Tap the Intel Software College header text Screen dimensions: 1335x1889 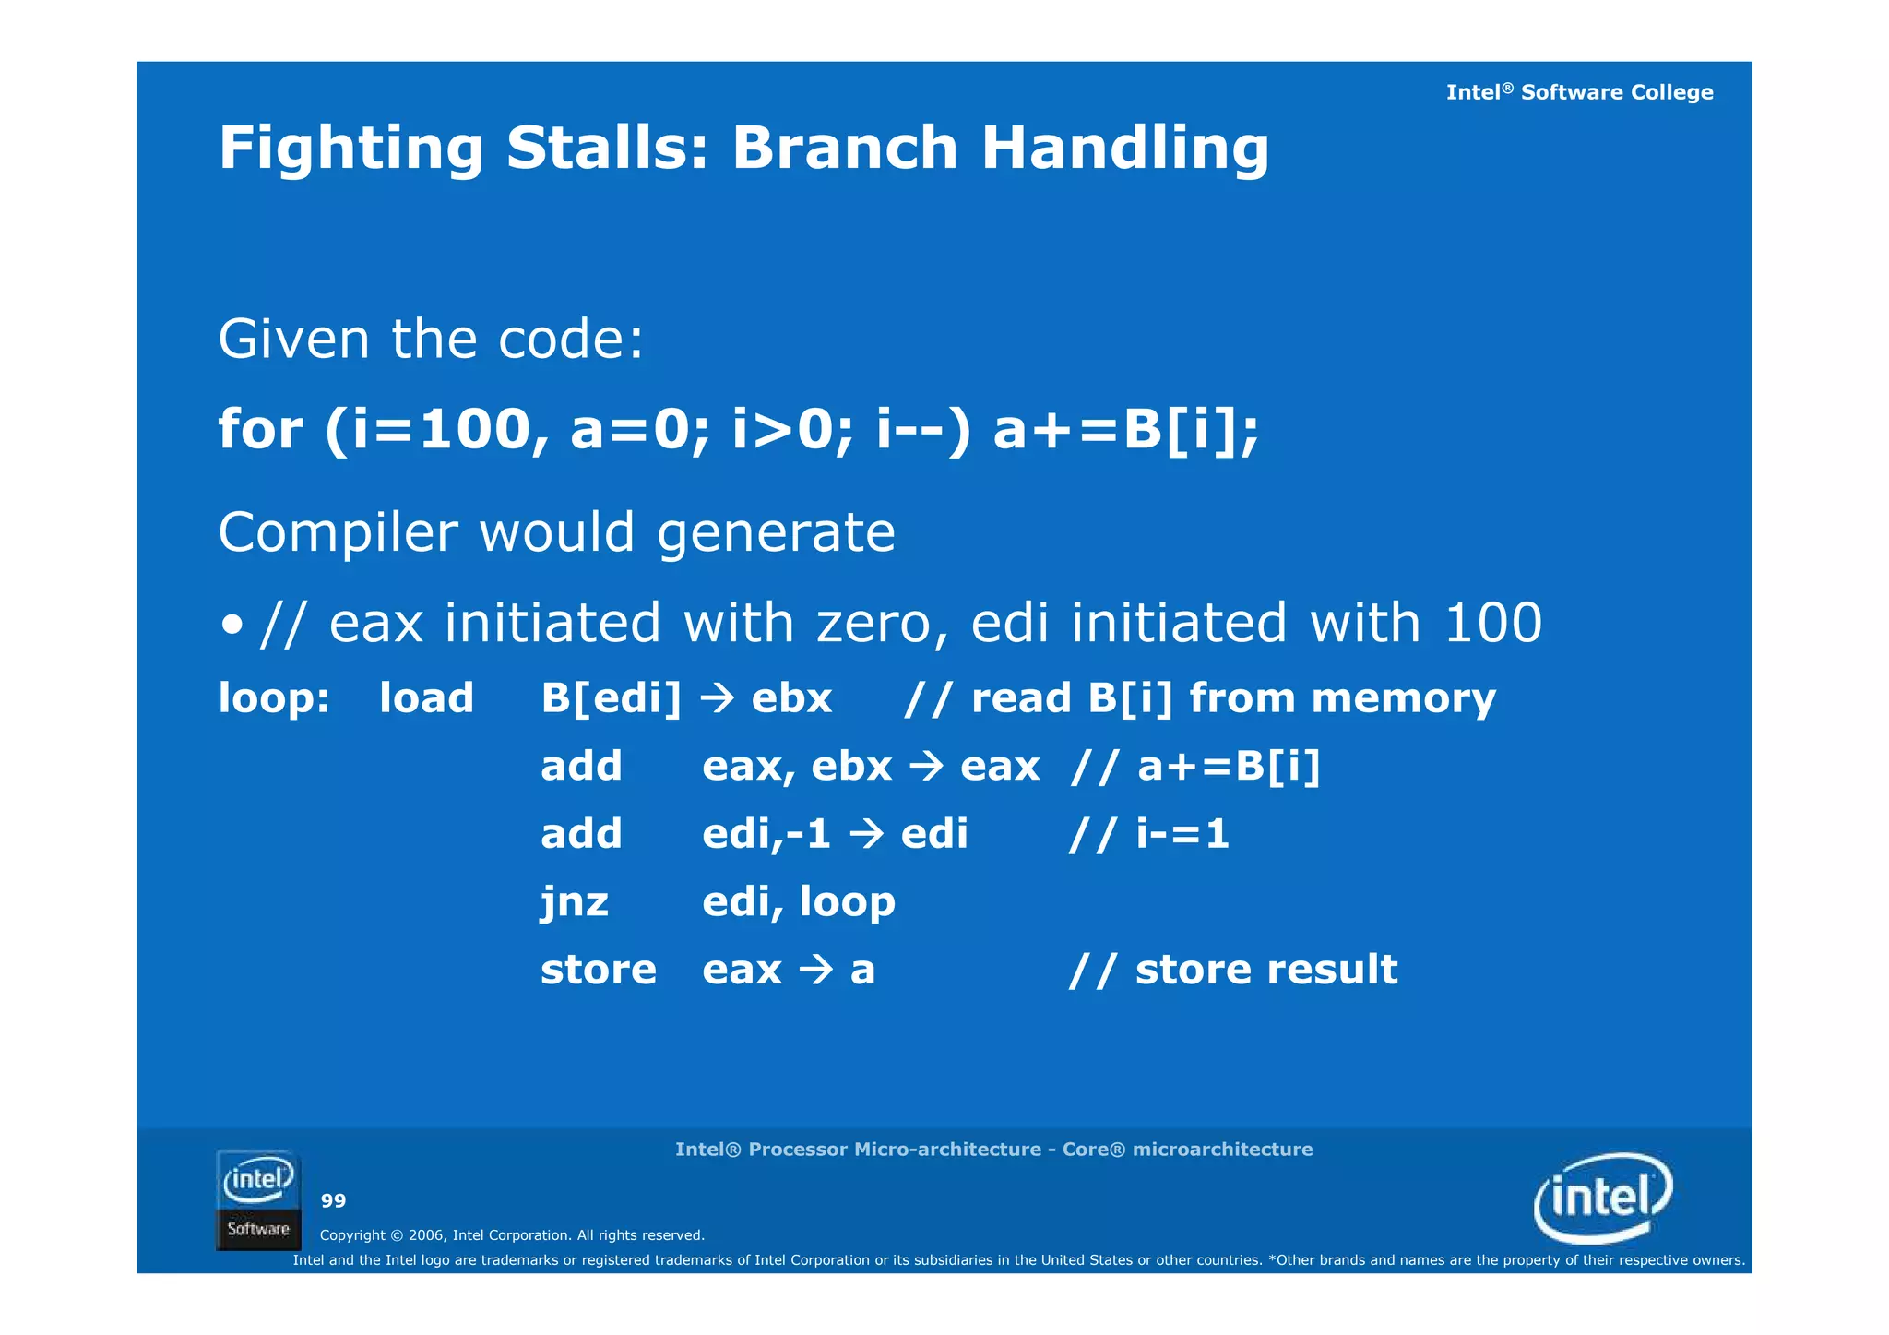tap(1578, 92)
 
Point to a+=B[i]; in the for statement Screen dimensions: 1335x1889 tap(1125, 430)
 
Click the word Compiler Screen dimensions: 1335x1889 tap(338, 533)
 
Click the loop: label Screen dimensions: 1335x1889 tap(274, 698)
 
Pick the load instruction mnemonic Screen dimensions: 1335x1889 tap(426, 698)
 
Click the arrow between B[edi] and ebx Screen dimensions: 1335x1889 tap(717, 698)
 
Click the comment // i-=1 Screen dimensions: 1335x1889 tap(1148, 835)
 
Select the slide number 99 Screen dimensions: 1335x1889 tap(333, 1201)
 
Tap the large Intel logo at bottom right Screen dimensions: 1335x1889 tap(1602, 1198)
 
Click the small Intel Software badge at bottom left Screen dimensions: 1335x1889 tap(258, 1199)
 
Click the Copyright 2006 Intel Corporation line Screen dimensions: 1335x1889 tap(512, 1235)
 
